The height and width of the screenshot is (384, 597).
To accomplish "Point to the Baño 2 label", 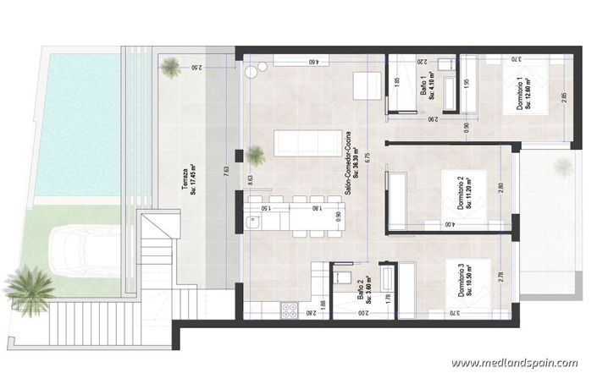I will [x=364, y=293].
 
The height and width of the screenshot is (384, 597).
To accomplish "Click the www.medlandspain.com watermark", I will [x=514, y=363].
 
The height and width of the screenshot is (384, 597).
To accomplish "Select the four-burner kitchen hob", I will [x=288, y=311].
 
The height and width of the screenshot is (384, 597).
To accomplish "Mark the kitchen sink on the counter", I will [x=252, y=222].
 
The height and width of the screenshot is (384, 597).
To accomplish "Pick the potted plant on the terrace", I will [x=172, y=65].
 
